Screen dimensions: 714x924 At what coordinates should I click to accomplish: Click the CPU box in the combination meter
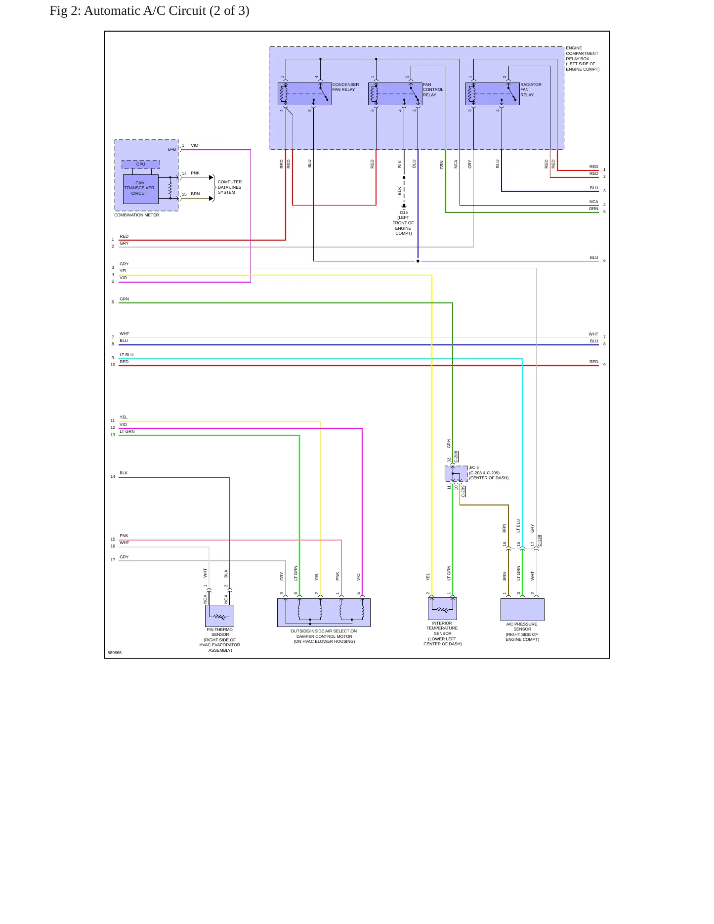coord(141,164)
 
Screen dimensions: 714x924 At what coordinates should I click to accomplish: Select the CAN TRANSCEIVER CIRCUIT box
coord(141,189)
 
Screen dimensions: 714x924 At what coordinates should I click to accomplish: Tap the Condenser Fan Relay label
coord(345,87)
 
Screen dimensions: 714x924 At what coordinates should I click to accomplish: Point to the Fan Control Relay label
coord(433,89)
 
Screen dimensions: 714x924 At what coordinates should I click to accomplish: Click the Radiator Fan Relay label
coord(531,89)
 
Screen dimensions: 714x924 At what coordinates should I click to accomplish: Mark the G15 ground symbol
coord(404,207)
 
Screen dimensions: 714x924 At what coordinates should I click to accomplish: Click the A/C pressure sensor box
coord(522,610)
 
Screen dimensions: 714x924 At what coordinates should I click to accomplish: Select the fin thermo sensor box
coord(219,616)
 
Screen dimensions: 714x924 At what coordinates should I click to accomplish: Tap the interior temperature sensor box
coord(442,609)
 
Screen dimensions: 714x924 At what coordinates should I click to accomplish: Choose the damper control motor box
coord(324,613)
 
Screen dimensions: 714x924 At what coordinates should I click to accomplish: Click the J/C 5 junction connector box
coord(456,473)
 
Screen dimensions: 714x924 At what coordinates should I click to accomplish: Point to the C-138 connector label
coord(540,541)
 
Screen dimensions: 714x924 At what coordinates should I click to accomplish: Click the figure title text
coord(149,11)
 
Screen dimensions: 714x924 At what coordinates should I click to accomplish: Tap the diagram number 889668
coord(115,653)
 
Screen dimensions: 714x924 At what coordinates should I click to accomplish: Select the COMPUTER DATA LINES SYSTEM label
coord(230,187)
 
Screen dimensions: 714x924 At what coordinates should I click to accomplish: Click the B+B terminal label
coord(172,149)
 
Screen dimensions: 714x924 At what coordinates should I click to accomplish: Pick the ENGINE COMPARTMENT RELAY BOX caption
coord(583,59)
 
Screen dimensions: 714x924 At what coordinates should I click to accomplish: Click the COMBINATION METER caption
coord(137,215)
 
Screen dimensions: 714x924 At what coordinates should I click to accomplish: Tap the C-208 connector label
coord(456,457)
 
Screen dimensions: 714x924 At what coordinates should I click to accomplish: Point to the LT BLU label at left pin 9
coord(126,355)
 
